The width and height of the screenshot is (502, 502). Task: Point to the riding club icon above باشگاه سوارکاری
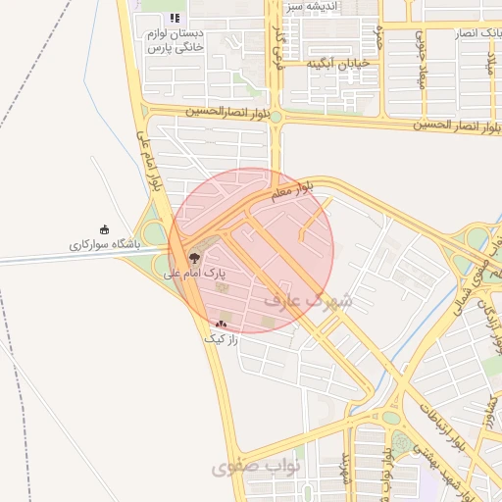coord(105,229)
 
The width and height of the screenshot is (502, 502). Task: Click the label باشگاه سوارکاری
coord(105,243)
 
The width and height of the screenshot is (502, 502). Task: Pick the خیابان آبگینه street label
coord(336,64)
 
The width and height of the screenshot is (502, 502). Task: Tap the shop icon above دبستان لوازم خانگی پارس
coord(175,18)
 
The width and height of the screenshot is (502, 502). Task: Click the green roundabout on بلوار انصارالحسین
coord(276,117)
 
